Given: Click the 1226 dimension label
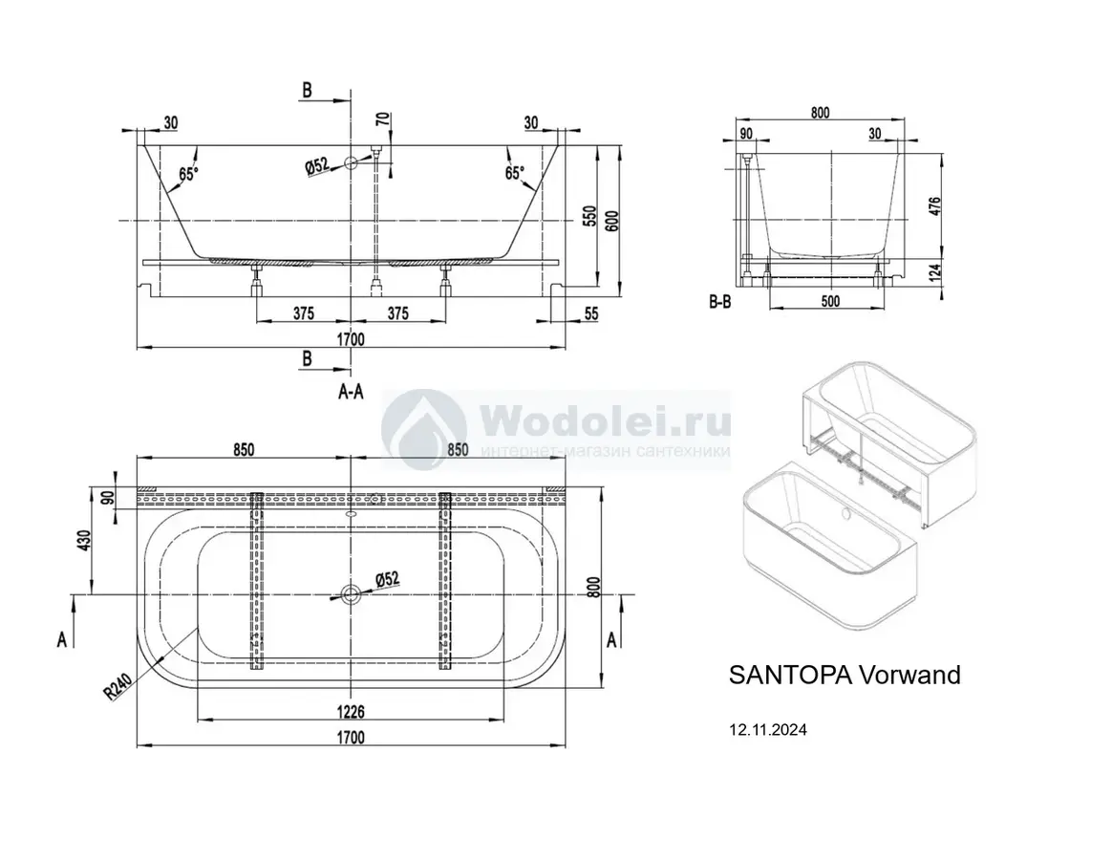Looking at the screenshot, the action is (x=351, y=711).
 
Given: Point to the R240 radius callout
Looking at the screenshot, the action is (x=118, y=686).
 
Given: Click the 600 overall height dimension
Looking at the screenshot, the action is (x=612, y=221).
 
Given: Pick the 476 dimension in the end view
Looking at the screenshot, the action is (x=935, y=206).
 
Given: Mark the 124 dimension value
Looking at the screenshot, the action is (x=935, y=272).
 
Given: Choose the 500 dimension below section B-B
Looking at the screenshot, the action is (x=830, y=301).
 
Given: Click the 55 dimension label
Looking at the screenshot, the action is (x=591, y=312).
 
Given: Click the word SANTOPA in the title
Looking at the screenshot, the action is (x=790, y=675).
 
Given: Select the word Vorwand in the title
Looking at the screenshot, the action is (x=909, y=675).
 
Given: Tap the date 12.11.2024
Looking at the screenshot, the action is (x=768, y=730).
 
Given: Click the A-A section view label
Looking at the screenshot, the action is (x=351, y=391).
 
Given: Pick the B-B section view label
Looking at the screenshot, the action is (x=719, y=302).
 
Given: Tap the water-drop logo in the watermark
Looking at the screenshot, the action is (x=423, y=430).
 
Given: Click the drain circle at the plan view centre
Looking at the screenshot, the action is (x=351, y=594).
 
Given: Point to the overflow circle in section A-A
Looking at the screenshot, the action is (x=351, y=163).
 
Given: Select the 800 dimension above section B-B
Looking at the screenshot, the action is (x=820, y=112).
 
